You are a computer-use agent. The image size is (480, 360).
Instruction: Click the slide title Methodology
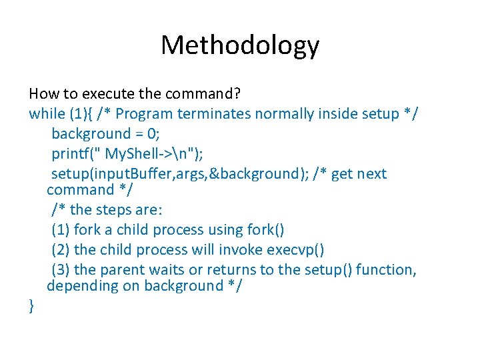tap(240, 45)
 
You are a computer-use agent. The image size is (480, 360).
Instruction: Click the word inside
tap(336, 113)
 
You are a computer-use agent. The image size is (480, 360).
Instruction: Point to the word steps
tap(114, 210)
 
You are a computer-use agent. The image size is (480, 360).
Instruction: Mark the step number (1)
tap(61, 230)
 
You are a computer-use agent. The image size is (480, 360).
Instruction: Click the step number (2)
tap(61, 250)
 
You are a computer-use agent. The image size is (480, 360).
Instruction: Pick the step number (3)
tap(61, 269)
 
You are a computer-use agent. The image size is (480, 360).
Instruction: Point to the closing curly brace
tap(32, 306)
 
